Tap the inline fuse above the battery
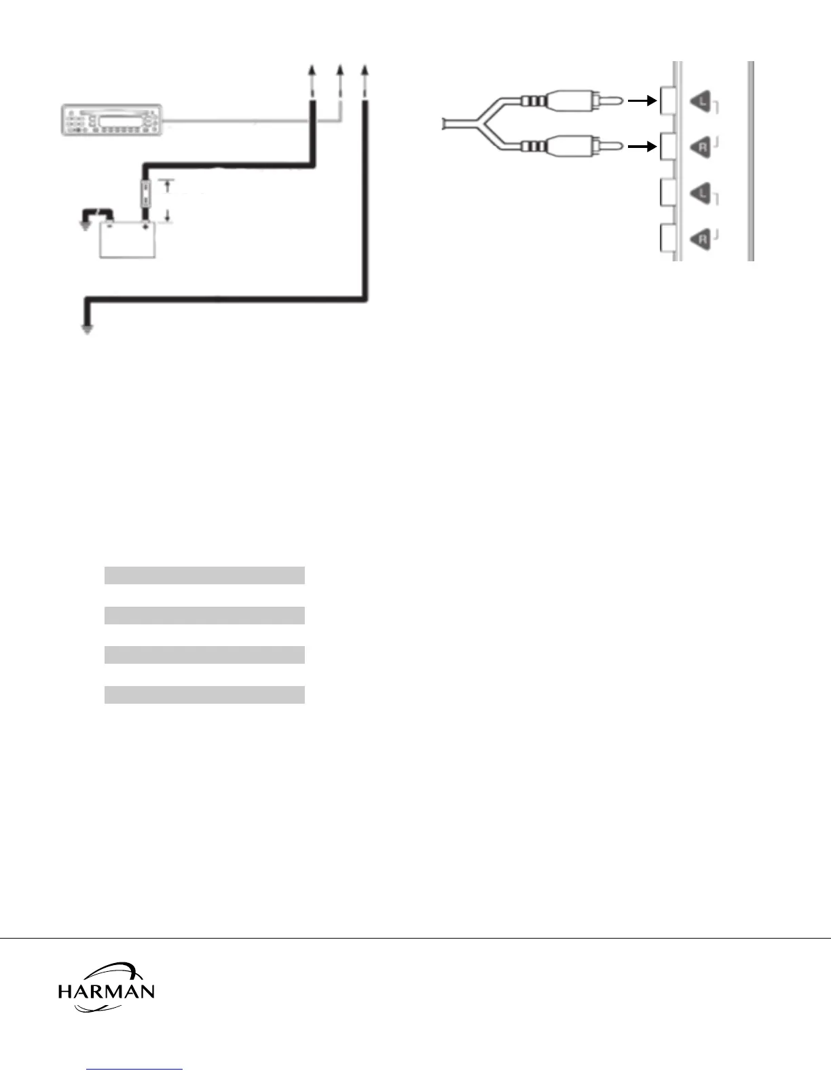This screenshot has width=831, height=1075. coord(145,193)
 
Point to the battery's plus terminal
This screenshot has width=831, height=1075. coord(145,226)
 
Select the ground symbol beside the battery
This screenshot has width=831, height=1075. coord(85,223)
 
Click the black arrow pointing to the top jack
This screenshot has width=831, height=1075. coord(642,101)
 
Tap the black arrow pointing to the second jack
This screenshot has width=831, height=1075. coord(642,146)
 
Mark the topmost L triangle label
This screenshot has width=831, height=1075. coord(701,102)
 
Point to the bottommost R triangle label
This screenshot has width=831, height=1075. coord(701,239)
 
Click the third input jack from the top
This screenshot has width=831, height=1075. coord(666,193)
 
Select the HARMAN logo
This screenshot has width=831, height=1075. coord(106,987)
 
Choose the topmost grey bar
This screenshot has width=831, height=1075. coord(204,576)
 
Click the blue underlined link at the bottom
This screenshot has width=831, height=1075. coord(134,1069)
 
